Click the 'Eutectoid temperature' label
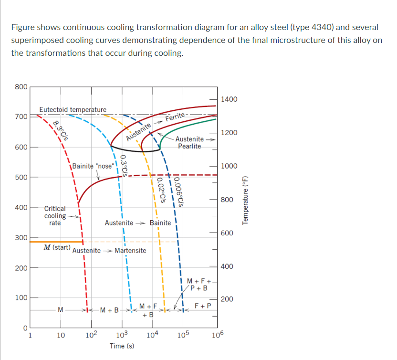pos(73,110)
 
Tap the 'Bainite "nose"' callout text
pos(94,166)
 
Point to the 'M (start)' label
pos(57,247)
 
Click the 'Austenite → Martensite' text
pos(109,251)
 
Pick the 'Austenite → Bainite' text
pos(137,223)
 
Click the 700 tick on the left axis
pos(20,116)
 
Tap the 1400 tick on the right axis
pos(230,99)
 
